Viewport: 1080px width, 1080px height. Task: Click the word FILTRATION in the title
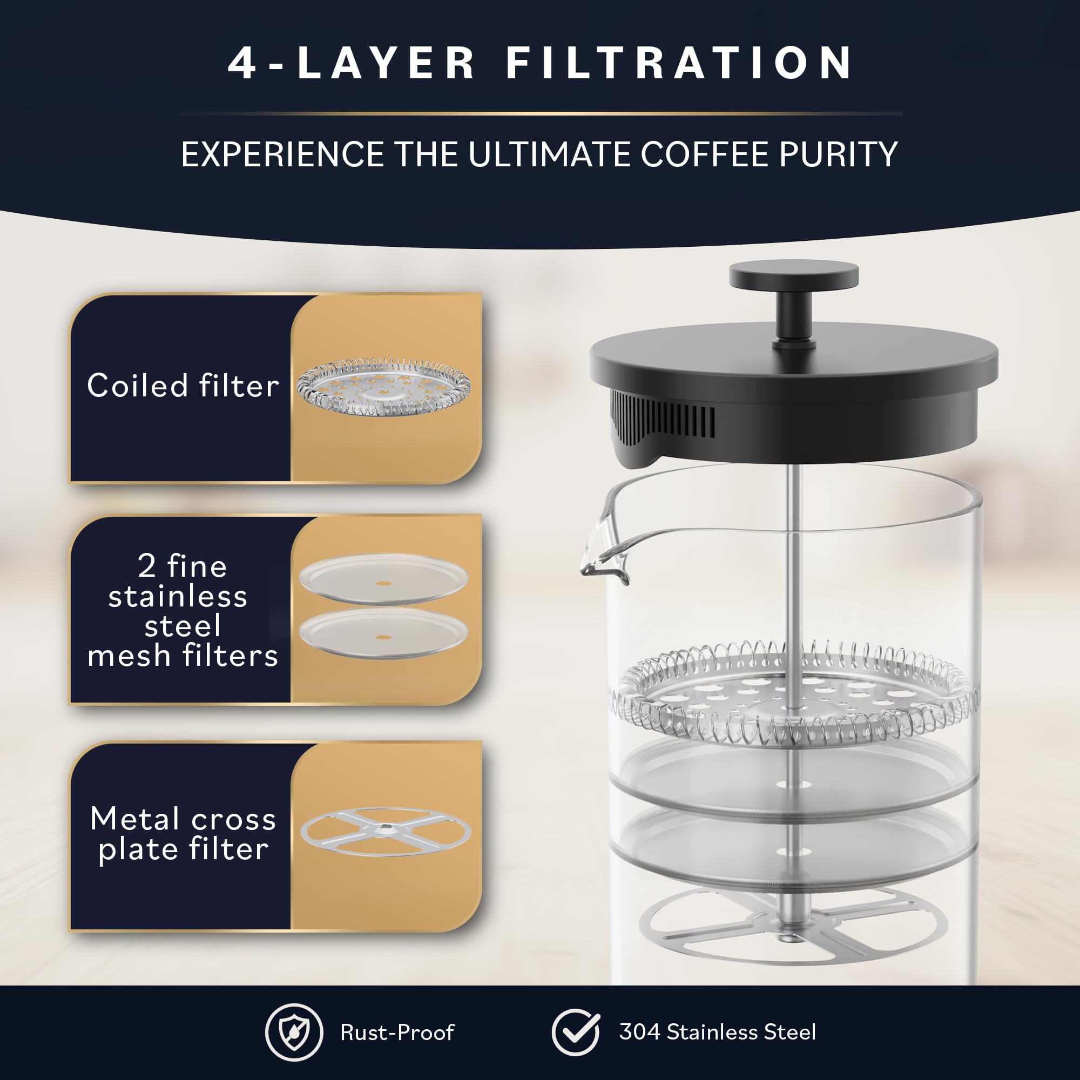679,63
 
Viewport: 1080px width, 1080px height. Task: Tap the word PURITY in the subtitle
838,154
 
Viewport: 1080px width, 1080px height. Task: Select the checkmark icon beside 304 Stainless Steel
575,1032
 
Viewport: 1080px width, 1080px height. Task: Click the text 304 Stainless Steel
717,1032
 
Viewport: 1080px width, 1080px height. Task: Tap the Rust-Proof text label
397,1032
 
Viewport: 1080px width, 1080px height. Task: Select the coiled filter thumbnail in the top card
383,387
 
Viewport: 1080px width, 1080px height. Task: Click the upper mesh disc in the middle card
383,578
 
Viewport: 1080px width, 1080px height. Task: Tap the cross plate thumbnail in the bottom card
385,831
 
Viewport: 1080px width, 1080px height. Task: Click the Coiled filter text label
183,386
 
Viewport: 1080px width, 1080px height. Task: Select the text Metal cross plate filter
183,834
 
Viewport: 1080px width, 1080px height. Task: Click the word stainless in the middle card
178,597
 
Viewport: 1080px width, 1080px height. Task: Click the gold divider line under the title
540,113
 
